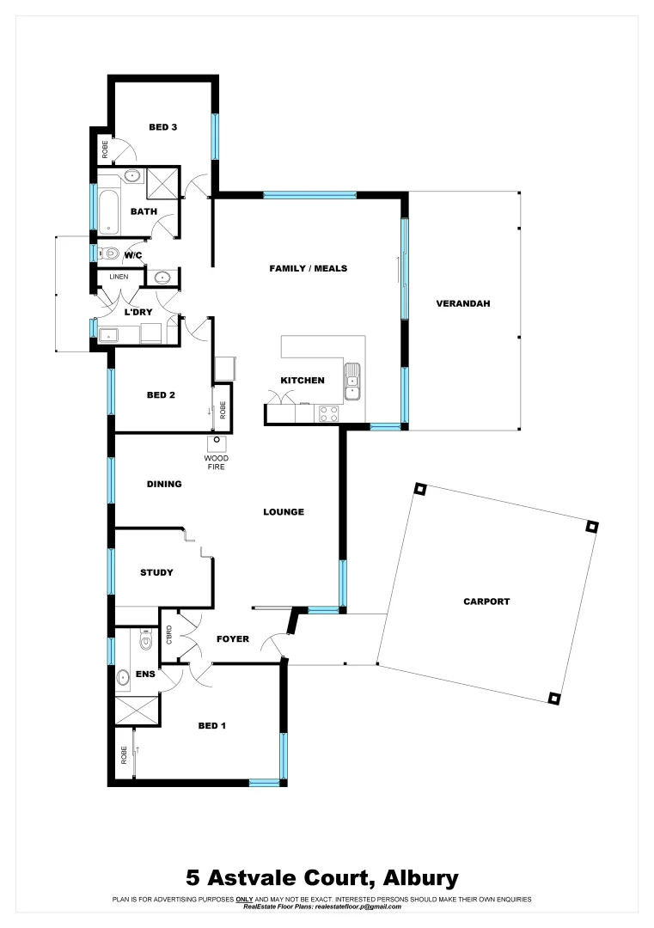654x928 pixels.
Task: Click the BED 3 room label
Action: pyautogui.click(x=162, y=127)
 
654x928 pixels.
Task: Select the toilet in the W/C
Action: pyautogui.click(x=109, y=253)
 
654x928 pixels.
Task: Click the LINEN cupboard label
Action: pyautogui.click(x=119, y=277)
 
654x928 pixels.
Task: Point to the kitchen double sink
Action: pyautogui.click(x=352, y=382)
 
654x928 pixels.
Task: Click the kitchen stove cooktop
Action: pyautogui.click(x=328, y=413)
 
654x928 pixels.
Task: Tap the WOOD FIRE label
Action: pyautogui.click(x=216, y=461)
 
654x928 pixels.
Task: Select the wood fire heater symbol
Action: pyautogui.click(x=217, y=443)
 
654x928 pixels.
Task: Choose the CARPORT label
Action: pyautogui.click(x=486, y=601)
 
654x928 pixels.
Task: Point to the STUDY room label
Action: pyautogui.click(x=156, y=572)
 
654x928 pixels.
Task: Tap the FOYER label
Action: pyautogui.click(x=233, y=639)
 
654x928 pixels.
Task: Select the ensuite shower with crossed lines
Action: pyautogui.click(x=136, y=710)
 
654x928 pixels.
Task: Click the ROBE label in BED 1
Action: pyautogui.click(x=124, y=756)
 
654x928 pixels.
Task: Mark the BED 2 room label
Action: pyautogui.click(x=161, y=395)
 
